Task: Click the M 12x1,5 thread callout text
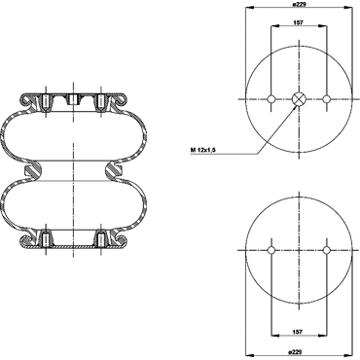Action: point(203,150)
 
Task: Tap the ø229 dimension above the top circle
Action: point(299,4)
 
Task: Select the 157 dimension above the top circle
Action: point(298,22)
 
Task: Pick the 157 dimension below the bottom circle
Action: point(298,332)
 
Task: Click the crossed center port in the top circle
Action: point(299,99)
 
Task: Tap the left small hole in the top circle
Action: point(271,99)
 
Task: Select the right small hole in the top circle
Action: point(327,99)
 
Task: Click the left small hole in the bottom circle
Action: point(271,250)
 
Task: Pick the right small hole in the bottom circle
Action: point(327,250)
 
